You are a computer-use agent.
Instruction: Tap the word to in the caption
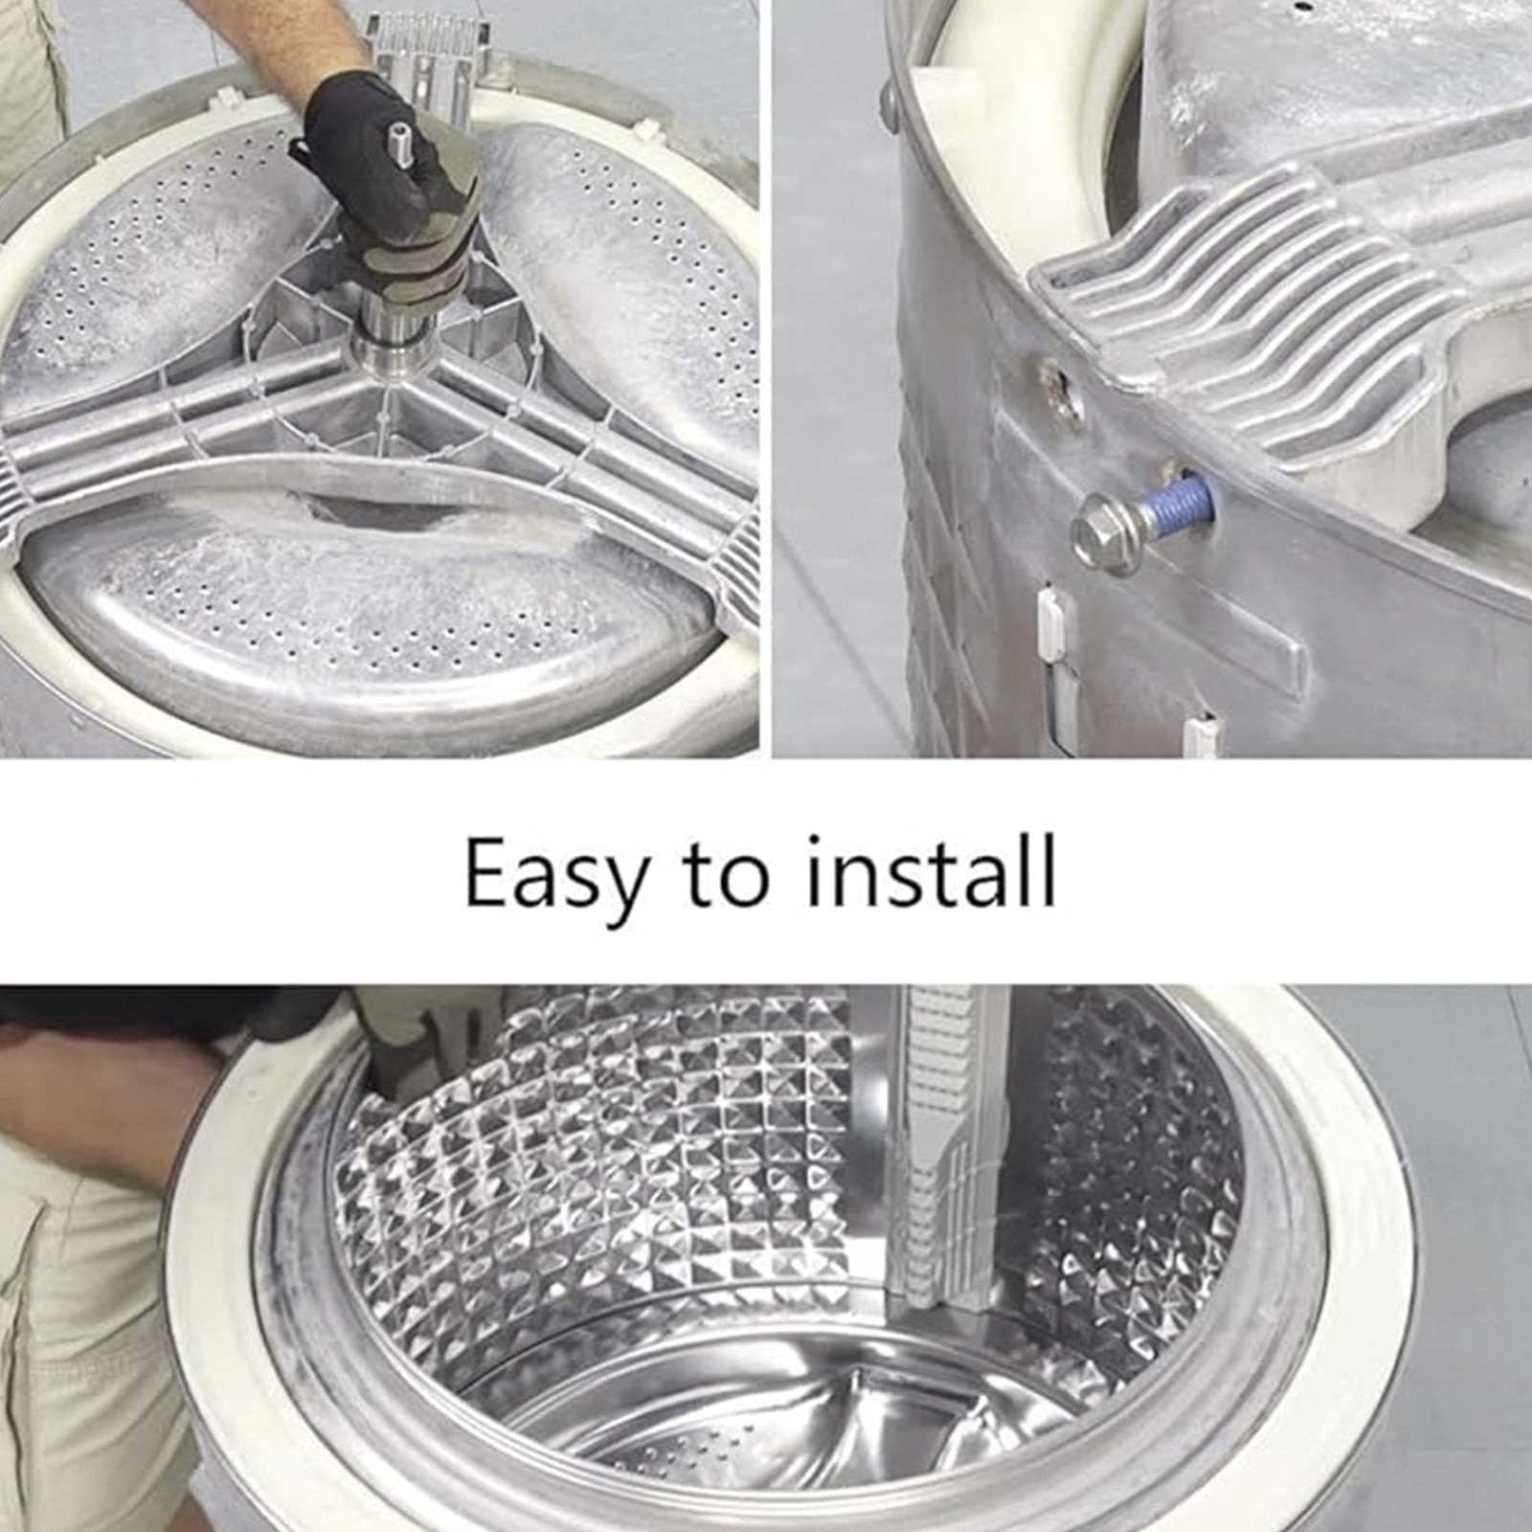click(x=726, y=873)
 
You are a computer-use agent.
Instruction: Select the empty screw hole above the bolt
click(x=1066, y=393)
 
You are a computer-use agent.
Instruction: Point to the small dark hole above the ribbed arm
click(x=1300, y=7)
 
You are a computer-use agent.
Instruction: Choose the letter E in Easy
click(x=486, y=873)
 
